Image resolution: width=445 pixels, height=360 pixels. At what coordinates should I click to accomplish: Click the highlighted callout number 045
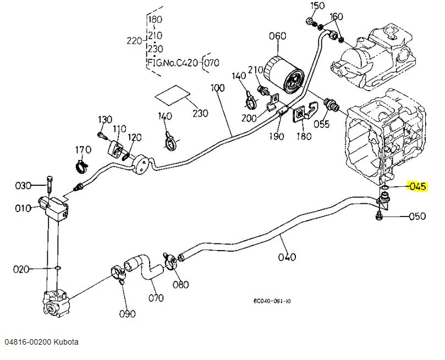pyautogui.click(x=417, y=186)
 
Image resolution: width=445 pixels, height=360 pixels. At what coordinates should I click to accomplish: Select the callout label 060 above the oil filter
pyautogui.click(x=278, y=37)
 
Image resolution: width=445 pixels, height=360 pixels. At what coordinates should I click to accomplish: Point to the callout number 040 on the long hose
pyautogui.click(x=287, y=256)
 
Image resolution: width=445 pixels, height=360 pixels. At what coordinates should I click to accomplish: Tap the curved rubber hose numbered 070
pyautogui.click(x=146, y=269)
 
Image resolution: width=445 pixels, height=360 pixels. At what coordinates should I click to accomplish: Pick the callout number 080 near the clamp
pyautogui.click(x=180, y=284)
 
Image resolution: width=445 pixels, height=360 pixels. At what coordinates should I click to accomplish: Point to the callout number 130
pyautogui.click(x=105, y=120)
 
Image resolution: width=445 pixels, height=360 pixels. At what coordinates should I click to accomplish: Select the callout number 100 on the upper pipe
pyautogui.click(x=218, y=88)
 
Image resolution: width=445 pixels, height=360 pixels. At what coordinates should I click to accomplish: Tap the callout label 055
pyautogui.click(x=322, y=124)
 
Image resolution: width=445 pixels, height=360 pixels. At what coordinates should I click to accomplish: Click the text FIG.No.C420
pyautogui.click(x=173, y=63)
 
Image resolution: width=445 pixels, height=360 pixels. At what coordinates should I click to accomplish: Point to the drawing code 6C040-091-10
pyautogui.click(x=272, y=301)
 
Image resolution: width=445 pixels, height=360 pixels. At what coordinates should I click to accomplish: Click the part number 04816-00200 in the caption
pyautogui.click(x=28, y=342)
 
